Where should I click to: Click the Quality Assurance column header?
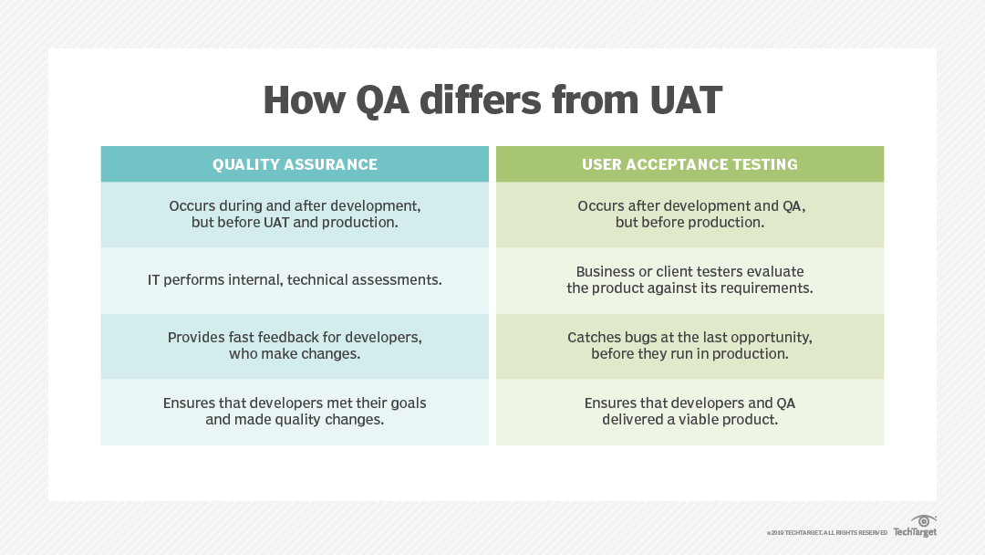pos(295,164)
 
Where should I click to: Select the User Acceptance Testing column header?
pos(689,164)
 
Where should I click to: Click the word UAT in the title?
pos(685,99)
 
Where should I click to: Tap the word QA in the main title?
pos(382,100)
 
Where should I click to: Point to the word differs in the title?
pos(480,99)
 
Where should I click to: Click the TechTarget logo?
pos(916,526)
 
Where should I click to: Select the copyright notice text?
pos(826,533)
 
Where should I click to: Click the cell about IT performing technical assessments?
pos(295,280)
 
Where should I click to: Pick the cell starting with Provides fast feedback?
pos(295,346)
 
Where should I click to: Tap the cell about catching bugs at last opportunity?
pos(689,346)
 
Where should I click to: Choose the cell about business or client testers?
pos(689,280)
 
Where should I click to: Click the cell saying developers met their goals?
pos(295,412)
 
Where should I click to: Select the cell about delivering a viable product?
pos(689,412)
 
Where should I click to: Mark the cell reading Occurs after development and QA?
pos(689,215)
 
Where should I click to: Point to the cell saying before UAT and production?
pos(295,215)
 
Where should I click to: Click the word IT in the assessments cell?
pos(153,279)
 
